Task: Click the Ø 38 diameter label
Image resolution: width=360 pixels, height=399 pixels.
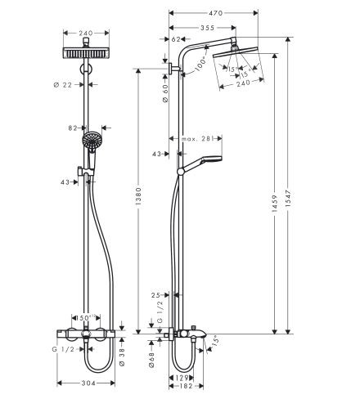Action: click(x=122, y=353)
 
